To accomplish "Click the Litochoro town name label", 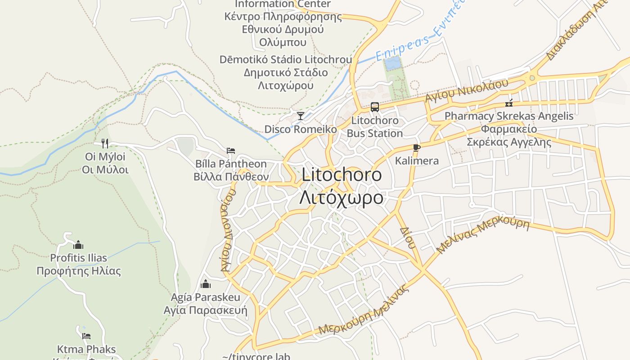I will tap(342, 175).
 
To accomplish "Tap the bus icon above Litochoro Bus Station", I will tap(374, 107).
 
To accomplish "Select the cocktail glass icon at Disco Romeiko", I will tap(300, 116).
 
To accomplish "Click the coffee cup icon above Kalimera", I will tap(416, 148).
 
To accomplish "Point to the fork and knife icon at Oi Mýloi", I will tap(105, 144).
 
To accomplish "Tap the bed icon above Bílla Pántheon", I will tap(231, 151).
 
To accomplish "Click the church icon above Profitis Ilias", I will tap(78, 245).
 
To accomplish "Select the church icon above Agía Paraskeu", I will tap(206, 284).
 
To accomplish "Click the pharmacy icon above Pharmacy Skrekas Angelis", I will tap(509, 103).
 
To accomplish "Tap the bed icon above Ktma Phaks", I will tap(86, 336).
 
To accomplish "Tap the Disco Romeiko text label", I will tap(300, 129).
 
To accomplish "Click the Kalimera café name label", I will tap(417, 161).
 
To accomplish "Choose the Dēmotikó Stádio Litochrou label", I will tap(286, 59).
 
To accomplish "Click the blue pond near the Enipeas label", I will tap(392, 63).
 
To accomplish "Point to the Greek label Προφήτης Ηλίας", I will tap(79, 271).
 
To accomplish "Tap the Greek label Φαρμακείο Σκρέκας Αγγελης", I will tap(509, 135).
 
